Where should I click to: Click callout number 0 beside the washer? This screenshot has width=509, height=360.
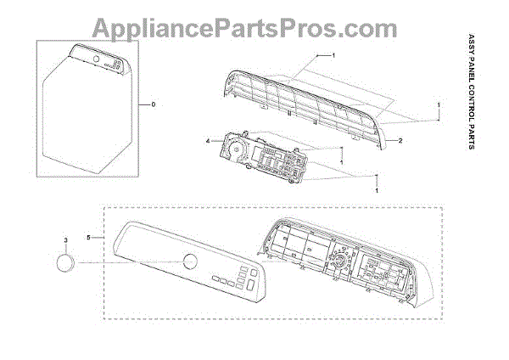[154, 104]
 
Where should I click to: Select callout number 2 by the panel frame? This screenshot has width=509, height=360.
[400, 139]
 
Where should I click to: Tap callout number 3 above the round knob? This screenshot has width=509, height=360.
[64, 240]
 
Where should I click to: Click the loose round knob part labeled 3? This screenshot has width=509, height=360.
[64, 264]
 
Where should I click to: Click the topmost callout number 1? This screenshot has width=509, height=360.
[333, 54]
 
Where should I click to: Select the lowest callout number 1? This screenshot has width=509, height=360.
[376, 189]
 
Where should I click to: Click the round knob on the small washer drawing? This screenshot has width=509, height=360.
[98, 60]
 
